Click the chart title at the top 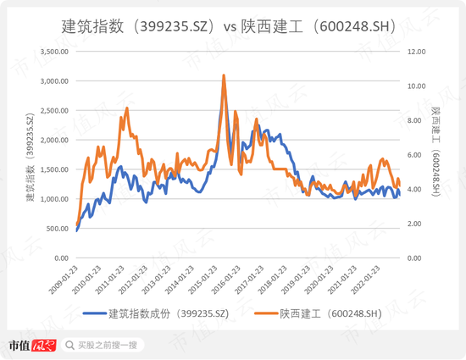(232, 25)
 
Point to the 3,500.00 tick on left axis (53, 52)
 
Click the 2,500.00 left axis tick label (53, 111)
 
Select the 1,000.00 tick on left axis (53, 199)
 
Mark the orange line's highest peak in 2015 (224, 75)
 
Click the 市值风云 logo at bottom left (31, 346)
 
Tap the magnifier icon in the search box (71, 346)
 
